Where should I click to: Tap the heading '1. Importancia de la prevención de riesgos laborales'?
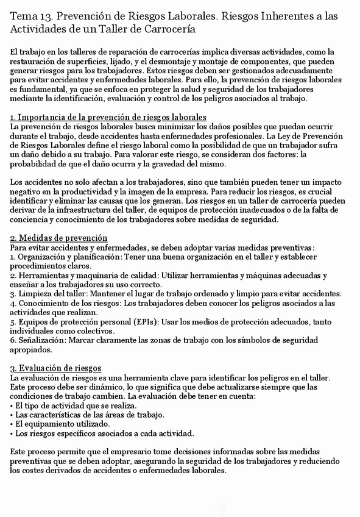(108, 117)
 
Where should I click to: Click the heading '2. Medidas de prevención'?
(59, 237)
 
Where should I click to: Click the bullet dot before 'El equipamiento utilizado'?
(13, 424)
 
